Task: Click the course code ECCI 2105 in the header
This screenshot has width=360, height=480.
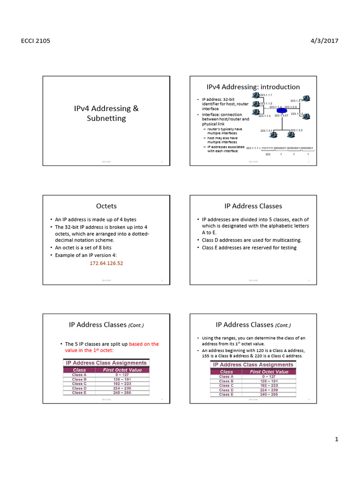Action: pos(36,41)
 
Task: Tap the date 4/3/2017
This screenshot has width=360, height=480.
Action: pos(324,41)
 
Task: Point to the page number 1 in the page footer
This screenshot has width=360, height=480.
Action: pos(337,440)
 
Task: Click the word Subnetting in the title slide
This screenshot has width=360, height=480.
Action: pos(106,118)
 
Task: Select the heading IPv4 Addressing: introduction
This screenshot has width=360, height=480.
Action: pos(253,87)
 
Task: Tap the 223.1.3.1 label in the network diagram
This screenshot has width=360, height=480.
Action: pos(267,130)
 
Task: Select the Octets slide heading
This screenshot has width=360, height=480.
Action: pos(106,206)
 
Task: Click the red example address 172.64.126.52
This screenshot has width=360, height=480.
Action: pos(106,263)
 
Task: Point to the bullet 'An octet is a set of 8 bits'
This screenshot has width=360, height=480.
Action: pos(83,247)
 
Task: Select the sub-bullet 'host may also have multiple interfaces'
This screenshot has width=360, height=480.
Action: pos(222,140)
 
